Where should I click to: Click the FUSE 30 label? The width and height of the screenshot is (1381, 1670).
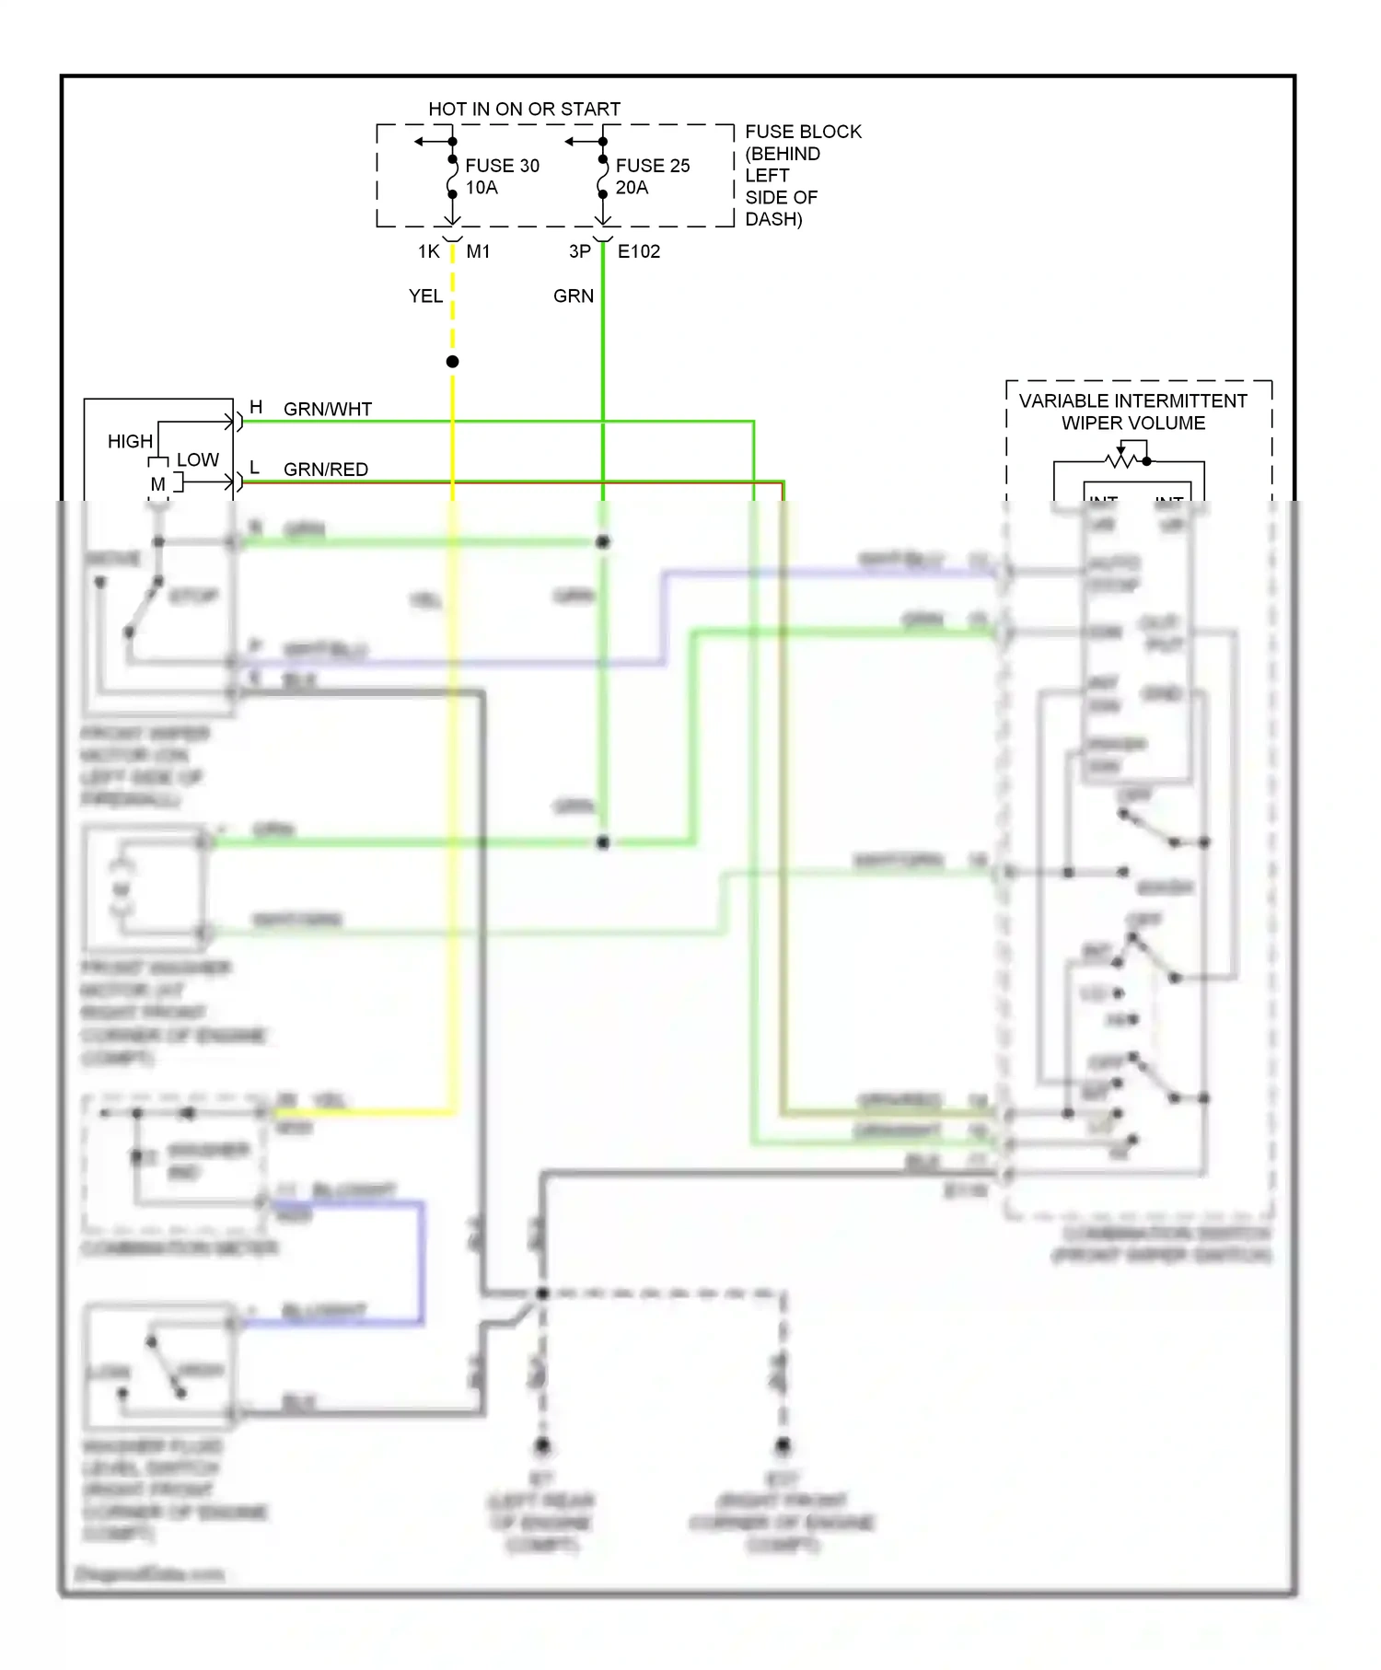(502, 166)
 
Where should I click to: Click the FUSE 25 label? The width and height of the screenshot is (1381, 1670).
(652, 166)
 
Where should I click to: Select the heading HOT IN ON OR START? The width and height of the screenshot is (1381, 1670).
(524, 109)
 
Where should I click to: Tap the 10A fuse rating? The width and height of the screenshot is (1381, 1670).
(481, 188)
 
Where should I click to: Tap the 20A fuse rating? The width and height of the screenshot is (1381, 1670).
(632, 188)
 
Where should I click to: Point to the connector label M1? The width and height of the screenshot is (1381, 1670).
(478, 251)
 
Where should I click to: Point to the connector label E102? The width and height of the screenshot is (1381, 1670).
(638, 251)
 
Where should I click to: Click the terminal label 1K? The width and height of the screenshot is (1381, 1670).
(428, 251)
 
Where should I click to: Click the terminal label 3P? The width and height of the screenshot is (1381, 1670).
(579, 251)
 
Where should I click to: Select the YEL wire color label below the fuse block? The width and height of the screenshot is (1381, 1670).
(425, 296)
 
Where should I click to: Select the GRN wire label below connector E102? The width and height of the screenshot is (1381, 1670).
(573, 296)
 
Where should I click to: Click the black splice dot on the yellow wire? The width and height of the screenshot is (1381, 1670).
(452, 362)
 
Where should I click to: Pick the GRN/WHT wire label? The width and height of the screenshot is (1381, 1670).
(327, 410)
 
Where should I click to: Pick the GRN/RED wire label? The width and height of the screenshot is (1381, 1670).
(325, 470)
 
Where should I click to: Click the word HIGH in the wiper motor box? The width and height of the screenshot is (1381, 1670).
(130, 442)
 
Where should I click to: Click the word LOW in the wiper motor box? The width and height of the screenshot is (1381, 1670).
(197, 459)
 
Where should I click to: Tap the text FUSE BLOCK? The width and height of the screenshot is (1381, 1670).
(803, 132)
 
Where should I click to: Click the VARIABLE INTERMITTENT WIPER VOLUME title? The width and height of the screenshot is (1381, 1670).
(1132, 412)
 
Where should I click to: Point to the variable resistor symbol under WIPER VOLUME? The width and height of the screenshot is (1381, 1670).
(1121, 458)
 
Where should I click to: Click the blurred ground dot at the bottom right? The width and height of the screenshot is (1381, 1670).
(783, 1444)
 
